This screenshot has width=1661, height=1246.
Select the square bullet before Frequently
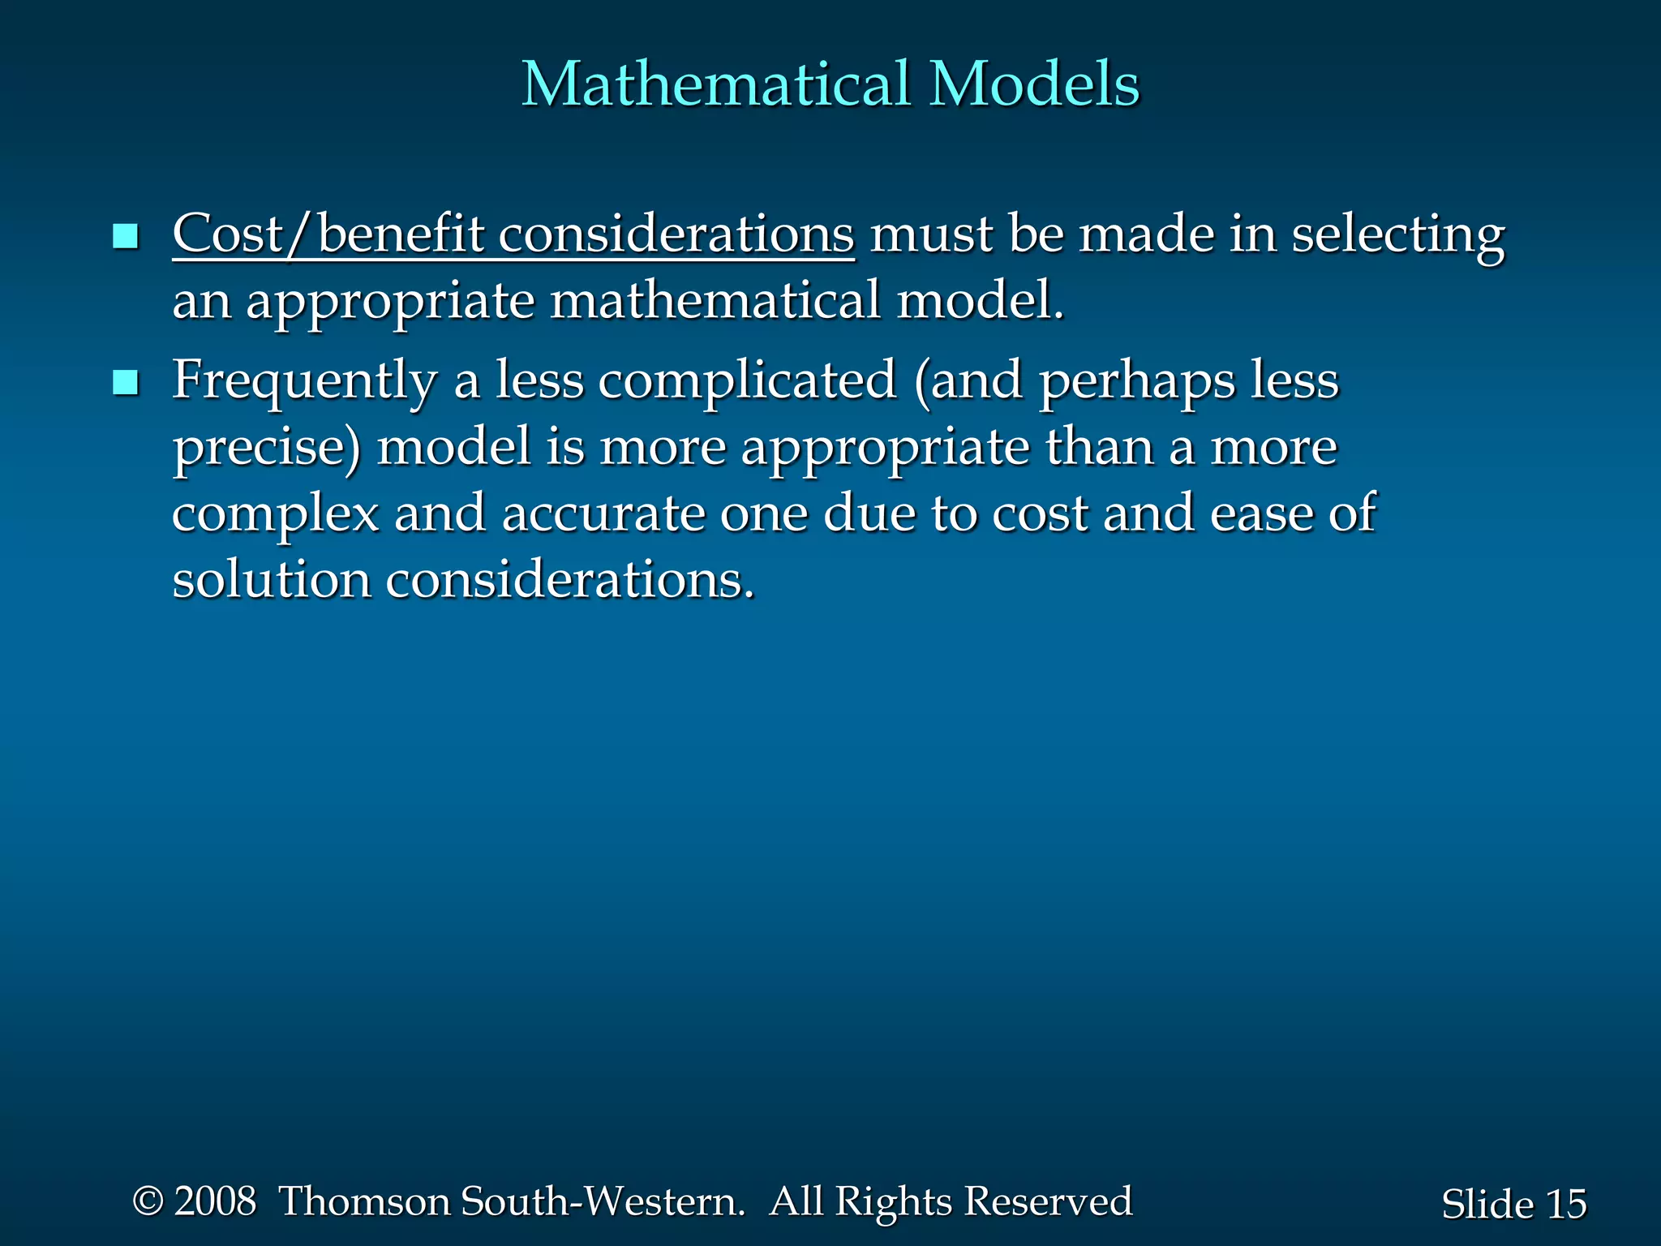click(126, 382)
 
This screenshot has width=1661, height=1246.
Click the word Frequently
click(304, 382)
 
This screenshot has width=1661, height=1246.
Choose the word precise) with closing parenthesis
click(267, 449)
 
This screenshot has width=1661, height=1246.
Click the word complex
click(275, 515)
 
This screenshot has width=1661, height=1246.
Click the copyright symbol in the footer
click(148, 1201)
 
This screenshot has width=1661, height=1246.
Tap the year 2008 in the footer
click(215, 1201)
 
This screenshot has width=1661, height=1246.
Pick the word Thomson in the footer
click(365, 1201)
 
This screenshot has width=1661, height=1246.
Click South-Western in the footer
click(602, 1201)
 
